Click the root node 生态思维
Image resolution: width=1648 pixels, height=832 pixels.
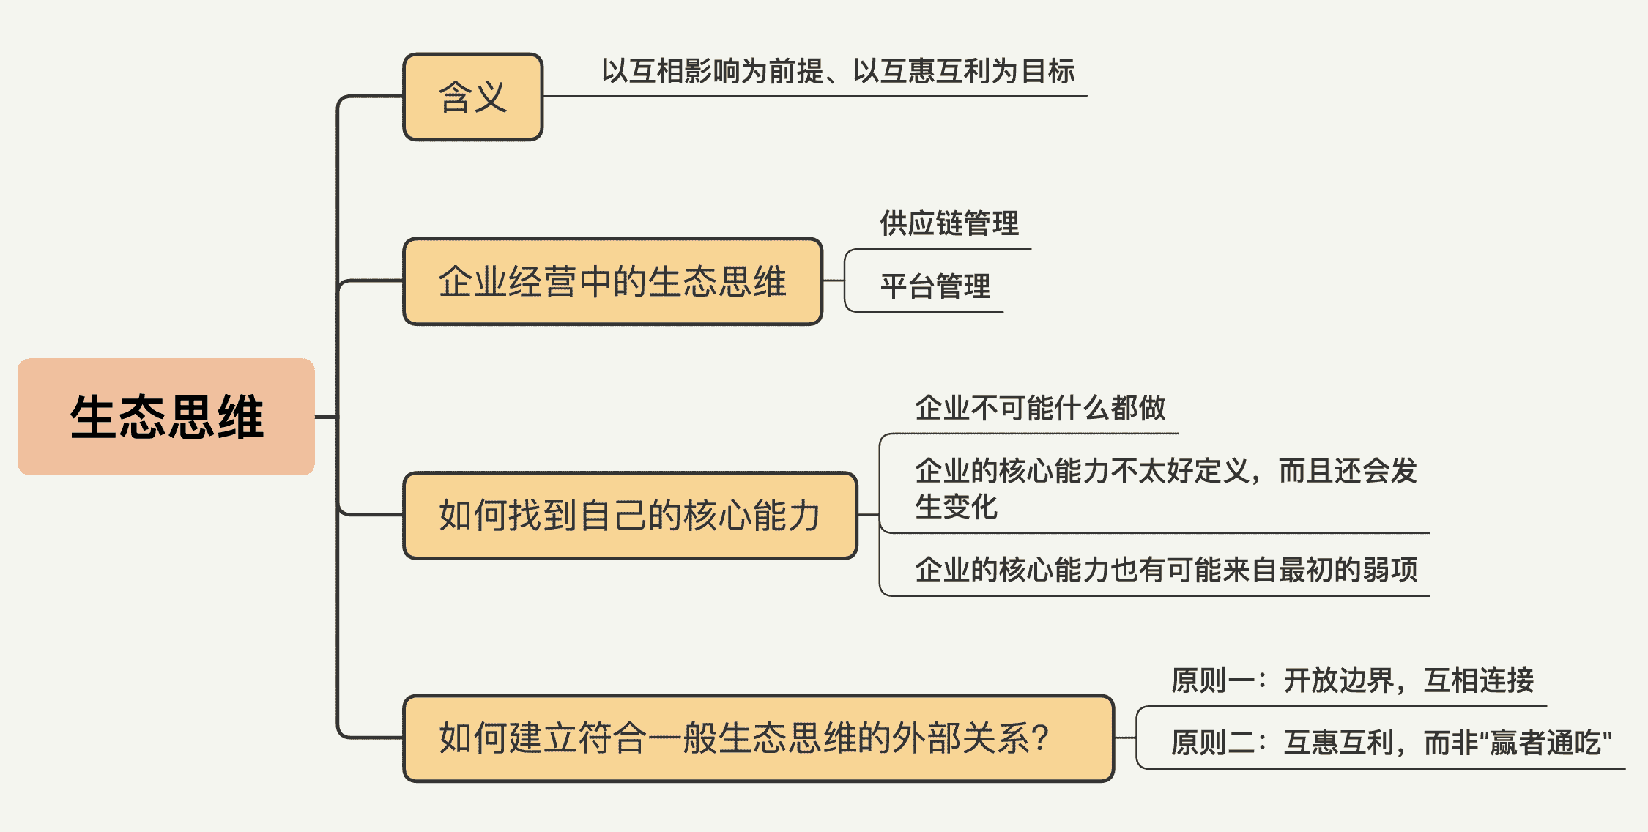[166, 417]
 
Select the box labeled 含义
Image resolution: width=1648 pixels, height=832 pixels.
[472, 97]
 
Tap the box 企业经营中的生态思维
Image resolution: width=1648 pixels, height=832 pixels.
[612, 281]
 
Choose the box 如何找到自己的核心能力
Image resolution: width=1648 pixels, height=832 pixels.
[630, 516]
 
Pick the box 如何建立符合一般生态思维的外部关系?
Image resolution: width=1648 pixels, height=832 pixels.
[758, 738]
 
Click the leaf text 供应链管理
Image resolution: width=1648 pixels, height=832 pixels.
[949, 223]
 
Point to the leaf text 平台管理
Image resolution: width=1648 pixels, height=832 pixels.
[935, 286]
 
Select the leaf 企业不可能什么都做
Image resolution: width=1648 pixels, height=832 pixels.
[1040, 408]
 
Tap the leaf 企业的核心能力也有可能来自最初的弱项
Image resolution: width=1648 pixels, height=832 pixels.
[1166, 570]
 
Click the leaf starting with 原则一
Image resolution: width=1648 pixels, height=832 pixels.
[1352, 680]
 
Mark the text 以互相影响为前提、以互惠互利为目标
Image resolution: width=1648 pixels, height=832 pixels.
[838, 72]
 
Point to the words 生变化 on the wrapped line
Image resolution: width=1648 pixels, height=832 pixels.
[957, 507]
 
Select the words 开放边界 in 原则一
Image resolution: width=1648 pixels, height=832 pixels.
[1339, 680]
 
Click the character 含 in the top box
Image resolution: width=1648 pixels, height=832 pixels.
[455, 97]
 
